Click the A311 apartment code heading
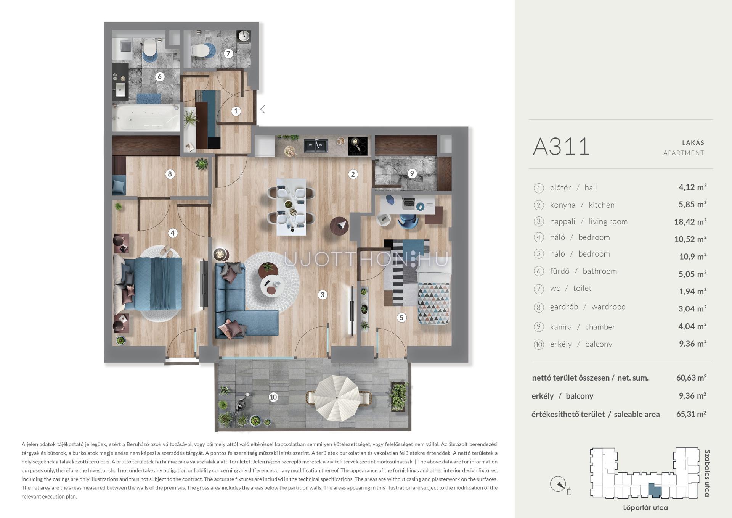click(x=561, y=147)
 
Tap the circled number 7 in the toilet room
click(x=228, y=53)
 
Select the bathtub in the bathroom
click(x=146, y=118)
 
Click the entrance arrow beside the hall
click(x=263, y=109)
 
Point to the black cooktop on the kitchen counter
click(x=358, y=146)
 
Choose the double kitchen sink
click(x=316, y=145)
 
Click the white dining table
click(x=291, y=207)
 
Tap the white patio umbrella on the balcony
click(x=337, y=397)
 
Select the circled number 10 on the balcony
click(x=273, y=397)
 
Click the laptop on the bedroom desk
click(x=409, y=203)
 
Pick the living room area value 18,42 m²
click(x=690, y=222)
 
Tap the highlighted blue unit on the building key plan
click(x=655, y=490)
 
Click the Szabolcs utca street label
click(x=707, y=473)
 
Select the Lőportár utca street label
click(x=645, y=508)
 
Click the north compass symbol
click(x=558, y=485)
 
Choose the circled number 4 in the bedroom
click(x=173, y=233)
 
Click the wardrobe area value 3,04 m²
click(x=692, y=308)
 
